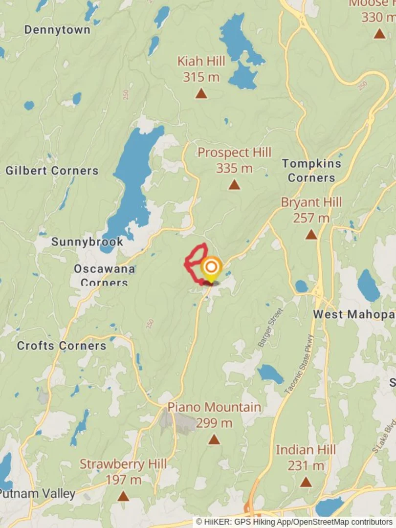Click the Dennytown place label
(x=57, y=30)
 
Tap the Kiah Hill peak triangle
(x=201, y=93)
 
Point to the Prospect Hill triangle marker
(x=234, y=184)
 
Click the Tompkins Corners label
(x=311, y=170)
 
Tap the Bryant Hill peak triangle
(x=311, y=235)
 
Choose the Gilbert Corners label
(x=52, y=171)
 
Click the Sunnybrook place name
(x=87, y=242)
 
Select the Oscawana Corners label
(x=104, y=275)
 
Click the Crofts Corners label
(x=62, y=346)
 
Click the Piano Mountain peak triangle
(x=214, y=440)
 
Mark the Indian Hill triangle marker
(x=306, y=482)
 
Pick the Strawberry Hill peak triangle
(x=123, y=496)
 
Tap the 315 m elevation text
(x=201, y=77)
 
